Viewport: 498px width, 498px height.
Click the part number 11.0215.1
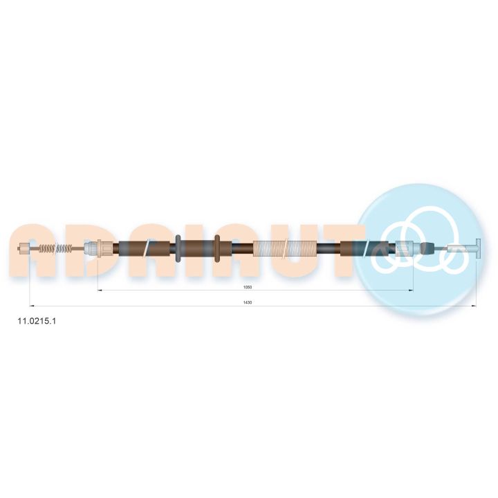pos(37,321)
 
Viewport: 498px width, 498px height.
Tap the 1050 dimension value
pos(248,287)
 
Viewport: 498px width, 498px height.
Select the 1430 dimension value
pos(248,303)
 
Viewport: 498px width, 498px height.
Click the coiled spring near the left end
pos(55,248)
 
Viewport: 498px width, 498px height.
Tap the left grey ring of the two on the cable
pos(178,248)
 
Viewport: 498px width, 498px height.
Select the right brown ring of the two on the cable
pos(217,248)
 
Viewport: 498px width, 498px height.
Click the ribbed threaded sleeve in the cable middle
pos(284,248)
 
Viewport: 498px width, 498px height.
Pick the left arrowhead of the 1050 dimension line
pos(100,290)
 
